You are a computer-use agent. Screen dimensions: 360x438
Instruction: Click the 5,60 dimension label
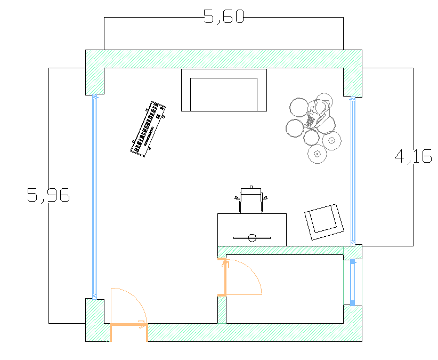click(224, 18)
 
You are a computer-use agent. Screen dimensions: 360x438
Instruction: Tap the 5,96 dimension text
click(48, 196)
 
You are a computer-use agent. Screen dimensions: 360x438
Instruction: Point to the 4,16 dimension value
click(413, 157)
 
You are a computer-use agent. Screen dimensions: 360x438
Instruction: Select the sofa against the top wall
click(224, 90)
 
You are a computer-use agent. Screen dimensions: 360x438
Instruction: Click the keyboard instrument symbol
click(148, 128)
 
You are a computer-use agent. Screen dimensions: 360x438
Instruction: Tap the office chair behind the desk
click(252, 201)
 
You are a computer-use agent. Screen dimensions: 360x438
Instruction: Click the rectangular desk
click(252, 229)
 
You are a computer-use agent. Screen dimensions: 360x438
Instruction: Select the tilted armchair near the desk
click(325, 221)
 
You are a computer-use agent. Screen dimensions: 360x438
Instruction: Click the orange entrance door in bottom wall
click(128, 324)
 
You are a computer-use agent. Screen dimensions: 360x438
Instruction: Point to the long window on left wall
click(94, 197)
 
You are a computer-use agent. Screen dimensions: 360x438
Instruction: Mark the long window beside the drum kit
click(352, 171)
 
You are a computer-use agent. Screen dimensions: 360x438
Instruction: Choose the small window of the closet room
click(352, 283)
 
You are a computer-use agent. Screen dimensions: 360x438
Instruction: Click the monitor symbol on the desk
click(252, 237)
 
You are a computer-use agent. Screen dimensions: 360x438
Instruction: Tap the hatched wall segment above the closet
click(282, 251)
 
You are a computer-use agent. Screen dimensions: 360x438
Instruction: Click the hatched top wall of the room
click(224, 59)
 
